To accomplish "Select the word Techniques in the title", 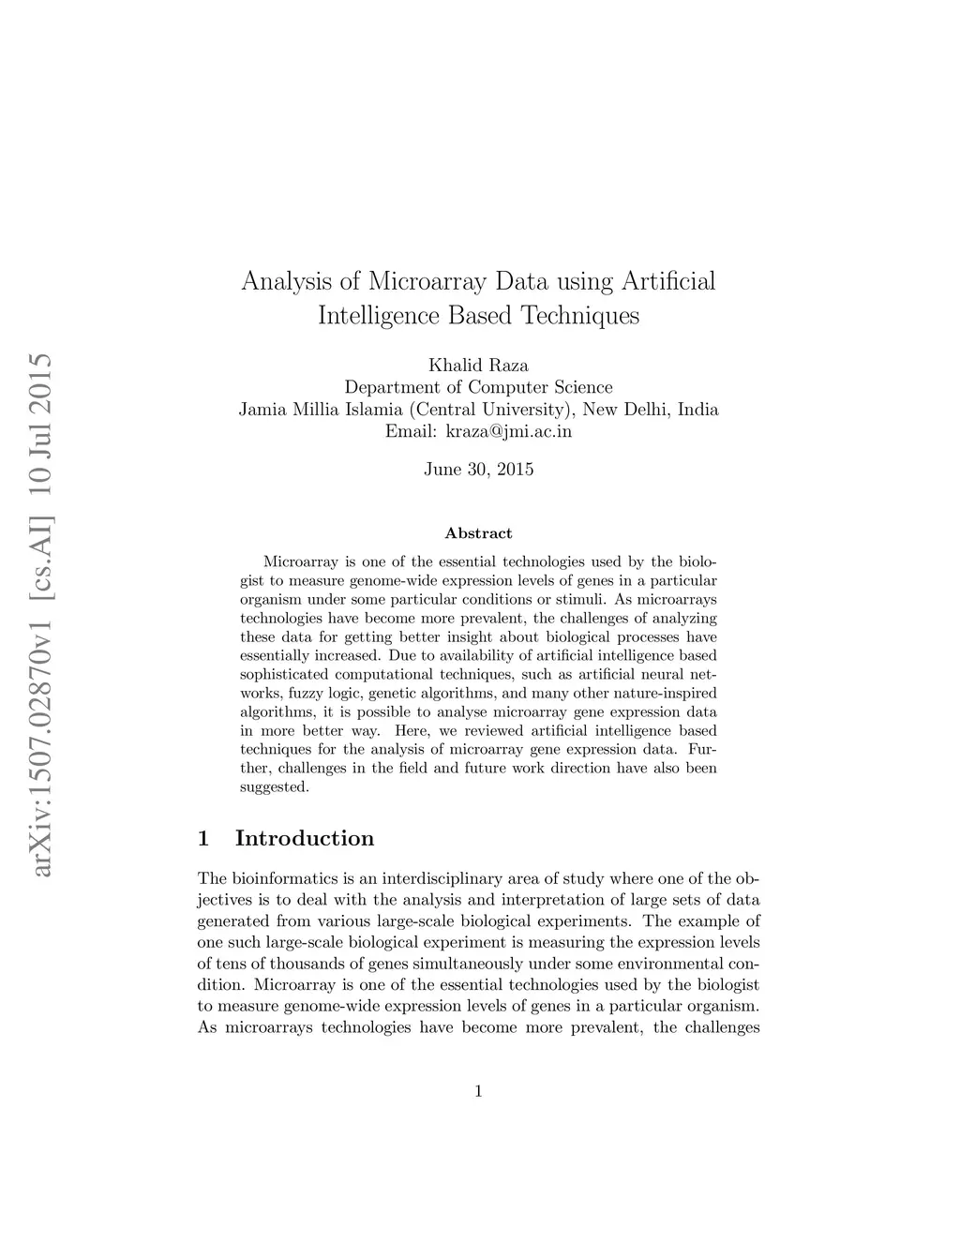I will coord(580,315).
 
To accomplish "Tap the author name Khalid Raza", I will coord(478,365).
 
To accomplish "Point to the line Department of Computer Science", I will coord(478,387).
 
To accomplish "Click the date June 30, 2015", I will coord(478,470).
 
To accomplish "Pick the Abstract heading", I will coord(478,533).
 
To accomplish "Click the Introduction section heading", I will coord(304,838).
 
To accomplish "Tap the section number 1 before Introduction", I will coord(203,838).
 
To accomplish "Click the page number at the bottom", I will coord(478,1090).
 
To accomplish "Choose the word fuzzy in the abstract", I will coord(306,694).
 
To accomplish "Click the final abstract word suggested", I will coord(274,787).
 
